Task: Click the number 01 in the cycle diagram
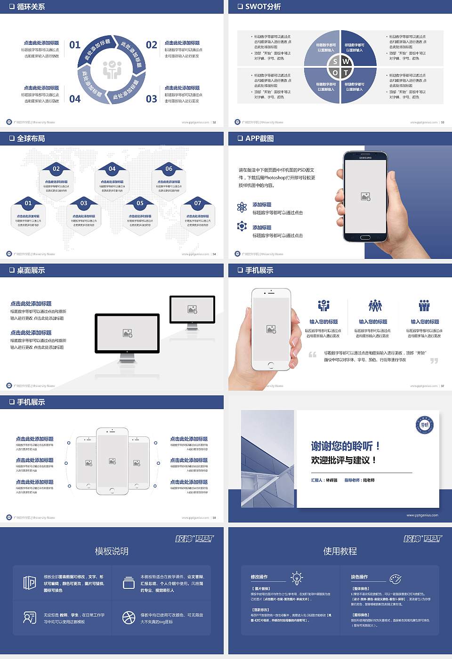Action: click(75, 45)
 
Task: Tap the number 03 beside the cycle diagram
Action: click(152, 99)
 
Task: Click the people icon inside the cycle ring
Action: click(112, 69)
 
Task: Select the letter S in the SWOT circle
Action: click(335, 61)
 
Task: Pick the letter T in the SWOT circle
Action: click(346, 72)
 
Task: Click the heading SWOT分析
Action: click(263, 7)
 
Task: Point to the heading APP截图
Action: click(259, 138)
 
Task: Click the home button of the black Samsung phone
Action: click(365, 238)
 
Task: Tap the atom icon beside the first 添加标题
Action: click(242, 207)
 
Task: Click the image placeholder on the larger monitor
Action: click(127, 333)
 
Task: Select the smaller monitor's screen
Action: click(192, 309)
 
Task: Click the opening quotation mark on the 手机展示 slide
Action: click(313, 354)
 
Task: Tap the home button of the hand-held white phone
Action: click(271, 365)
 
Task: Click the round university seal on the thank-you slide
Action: click(425, 425)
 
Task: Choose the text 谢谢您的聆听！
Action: click(345, 446)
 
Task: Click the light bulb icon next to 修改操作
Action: click(297, 578)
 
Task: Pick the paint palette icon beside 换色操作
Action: click(395, 579)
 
